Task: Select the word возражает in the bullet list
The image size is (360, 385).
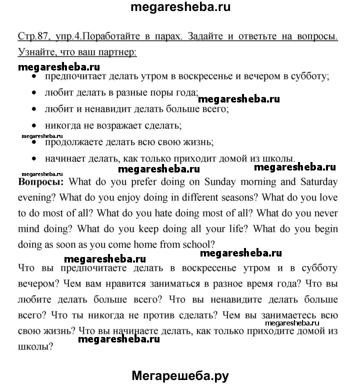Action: pos(115,125)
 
